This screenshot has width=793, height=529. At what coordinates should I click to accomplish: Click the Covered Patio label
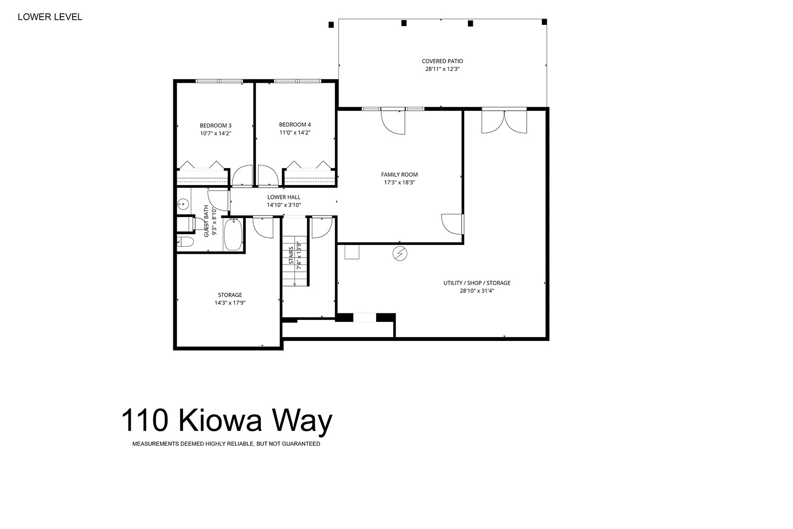(x=442, y=61)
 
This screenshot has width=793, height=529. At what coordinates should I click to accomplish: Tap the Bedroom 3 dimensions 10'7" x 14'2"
(x=215, y=134)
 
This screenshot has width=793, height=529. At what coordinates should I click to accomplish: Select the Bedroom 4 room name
(x=295, y=124)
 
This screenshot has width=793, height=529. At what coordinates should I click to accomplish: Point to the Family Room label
(x=399, y=174)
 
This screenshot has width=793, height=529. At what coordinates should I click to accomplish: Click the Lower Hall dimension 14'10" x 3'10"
(x=284, y=205)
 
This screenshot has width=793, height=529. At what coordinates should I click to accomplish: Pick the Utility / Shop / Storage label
(x=477, y=283)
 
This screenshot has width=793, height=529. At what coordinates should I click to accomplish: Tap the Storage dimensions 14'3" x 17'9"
(x=230, y=303)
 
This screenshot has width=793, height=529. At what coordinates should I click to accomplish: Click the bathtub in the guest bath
(x=233, y=235)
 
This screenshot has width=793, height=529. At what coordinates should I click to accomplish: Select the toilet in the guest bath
(x=185, y=242)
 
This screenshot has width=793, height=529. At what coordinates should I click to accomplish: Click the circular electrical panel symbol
(x=400, y=254)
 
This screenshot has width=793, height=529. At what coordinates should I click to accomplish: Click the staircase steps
(x=295, y=261)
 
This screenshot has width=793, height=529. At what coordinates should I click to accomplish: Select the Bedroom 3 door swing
(x=242, y=176)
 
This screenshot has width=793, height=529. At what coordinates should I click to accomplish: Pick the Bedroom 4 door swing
(x=268, y=175)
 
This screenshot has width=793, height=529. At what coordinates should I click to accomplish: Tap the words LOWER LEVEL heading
(x=50, y=17)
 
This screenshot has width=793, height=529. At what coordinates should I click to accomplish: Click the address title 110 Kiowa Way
(x=227, y=421)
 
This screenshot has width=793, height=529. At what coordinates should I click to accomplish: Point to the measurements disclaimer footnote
(x=226, y=444)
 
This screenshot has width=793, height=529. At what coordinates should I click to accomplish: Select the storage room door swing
(x=263, y=228)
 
